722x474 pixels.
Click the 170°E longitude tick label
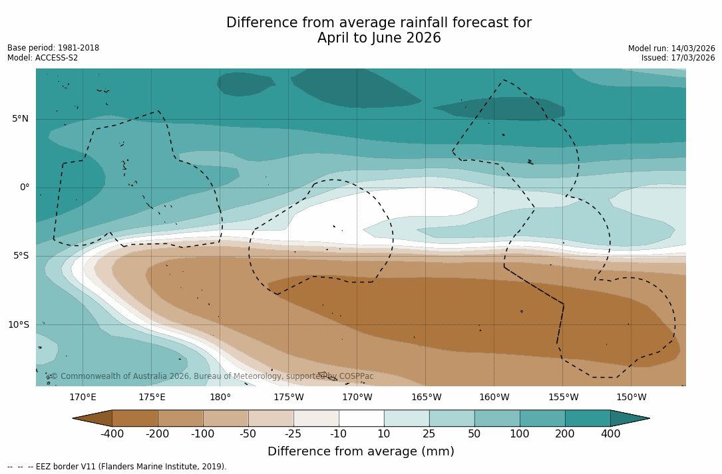[83, 398]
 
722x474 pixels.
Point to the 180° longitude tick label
[220, 398]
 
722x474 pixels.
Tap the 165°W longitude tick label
[426, 398]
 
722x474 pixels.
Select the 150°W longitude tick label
[632, 398]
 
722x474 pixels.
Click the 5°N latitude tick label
[20, 119]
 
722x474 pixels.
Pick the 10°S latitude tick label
[18, 325]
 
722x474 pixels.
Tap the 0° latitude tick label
[25, 187]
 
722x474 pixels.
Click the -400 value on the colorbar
[112, 434]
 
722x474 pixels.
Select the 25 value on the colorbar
[429, 434]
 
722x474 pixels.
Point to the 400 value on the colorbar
[610, 434]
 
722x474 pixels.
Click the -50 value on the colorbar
[248, 434]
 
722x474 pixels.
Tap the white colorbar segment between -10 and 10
[361, 418]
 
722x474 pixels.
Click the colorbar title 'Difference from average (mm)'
[361, 452]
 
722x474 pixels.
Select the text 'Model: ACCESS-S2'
[43, 58]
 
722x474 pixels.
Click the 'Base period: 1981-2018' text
[53, 48]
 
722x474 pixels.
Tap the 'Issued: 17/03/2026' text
[678, 58]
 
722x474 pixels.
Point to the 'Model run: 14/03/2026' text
[671, 49]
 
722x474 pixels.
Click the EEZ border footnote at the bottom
[116, 467]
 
